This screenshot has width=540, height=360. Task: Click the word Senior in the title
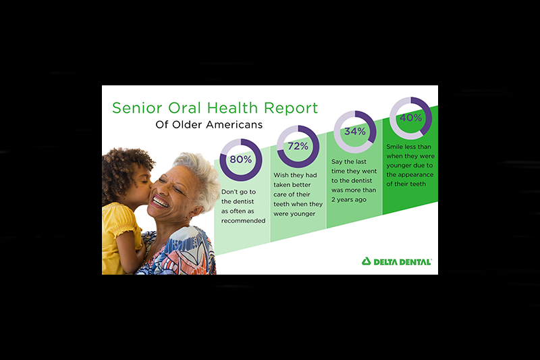(137, 108)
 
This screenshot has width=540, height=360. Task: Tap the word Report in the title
(291, 108)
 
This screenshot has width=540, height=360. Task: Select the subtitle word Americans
(234, 124)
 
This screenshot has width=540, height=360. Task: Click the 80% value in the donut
(241, 159)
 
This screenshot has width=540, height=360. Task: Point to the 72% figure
(298, 146)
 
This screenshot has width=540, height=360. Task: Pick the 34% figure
(355, 131)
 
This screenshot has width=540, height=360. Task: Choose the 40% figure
(410, 118)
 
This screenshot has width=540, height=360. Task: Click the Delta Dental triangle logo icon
(366, 261)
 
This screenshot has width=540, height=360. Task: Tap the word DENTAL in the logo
(414, 262)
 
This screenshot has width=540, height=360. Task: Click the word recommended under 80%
(243, 220)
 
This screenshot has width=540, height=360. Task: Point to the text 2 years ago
(349, 199)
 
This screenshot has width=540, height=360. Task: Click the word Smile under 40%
(394, 147)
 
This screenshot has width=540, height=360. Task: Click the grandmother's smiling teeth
(160, 201)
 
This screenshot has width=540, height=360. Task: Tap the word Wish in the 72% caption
(281, 175)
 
